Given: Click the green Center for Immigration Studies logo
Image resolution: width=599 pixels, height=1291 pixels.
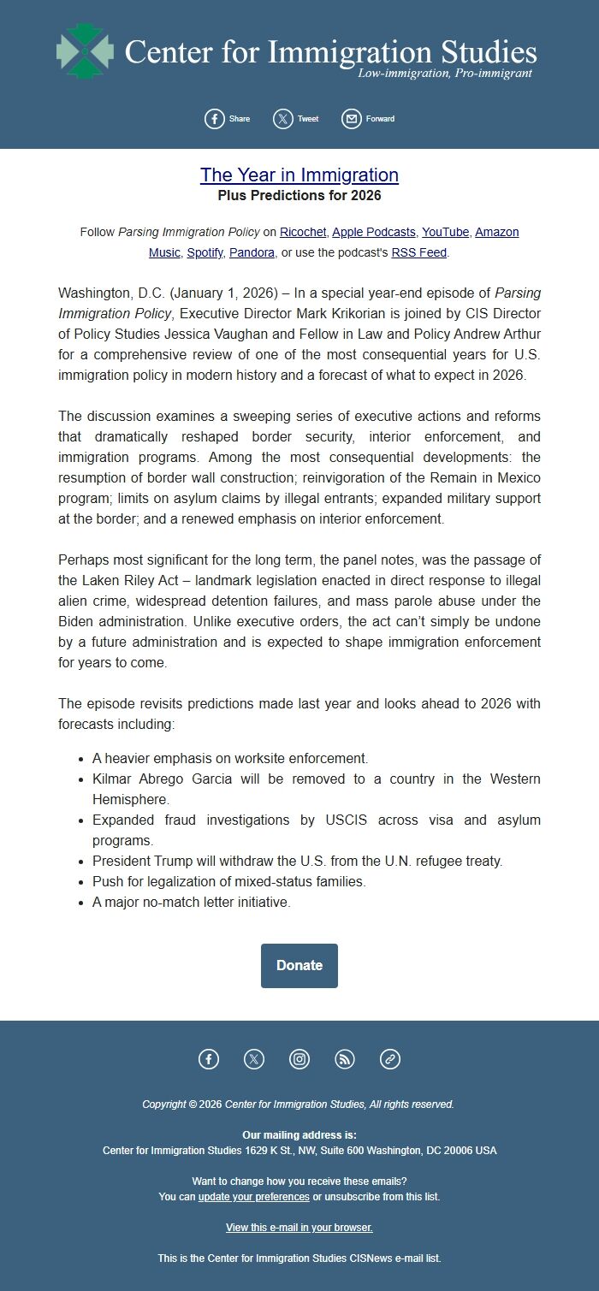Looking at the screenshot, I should point(85,51).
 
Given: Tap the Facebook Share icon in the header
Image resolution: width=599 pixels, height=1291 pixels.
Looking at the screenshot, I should point(214,119).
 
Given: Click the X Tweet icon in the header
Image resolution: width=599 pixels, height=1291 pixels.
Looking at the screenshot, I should point(283,119).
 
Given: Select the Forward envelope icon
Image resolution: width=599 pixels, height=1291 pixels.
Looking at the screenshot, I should point(351,119).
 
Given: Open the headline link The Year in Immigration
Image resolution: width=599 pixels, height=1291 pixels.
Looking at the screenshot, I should point(299,175).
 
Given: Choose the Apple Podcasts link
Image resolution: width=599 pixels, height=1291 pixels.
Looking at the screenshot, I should point(374,233).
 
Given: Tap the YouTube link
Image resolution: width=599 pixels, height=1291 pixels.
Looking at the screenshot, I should point(445,233).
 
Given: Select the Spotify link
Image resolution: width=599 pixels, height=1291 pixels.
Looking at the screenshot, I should point(205,253).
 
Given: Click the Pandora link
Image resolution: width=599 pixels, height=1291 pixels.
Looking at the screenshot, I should point(252,253).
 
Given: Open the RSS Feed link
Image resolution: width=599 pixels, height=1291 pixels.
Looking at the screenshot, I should point(419,253).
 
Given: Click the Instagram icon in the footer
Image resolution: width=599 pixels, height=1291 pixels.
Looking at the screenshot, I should point(299,1059).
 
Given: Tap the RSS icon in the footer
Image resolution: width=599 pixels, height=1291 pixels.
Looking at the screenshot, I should point(345,1059).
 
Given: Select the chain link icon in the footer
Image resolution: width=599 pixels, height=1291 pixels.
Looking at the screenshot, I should point(390,1059).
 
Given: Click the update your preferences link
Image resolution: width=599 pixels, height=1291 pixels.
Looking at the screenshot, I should point(253,1197).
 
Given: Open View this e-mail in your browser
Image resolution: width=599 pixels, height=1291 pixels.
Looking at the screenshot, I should point(299,1228).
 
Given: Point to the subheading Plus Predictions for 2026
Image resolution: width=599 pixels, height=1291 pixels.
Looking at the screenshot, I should point(299,196).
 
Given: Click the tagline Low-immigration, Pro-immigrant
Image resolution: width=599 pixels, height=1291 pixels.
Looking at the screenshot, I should point(445,74).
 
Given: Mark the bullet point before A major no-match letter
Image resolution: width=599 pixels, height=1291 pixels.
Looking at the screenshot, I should point(80,903).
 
